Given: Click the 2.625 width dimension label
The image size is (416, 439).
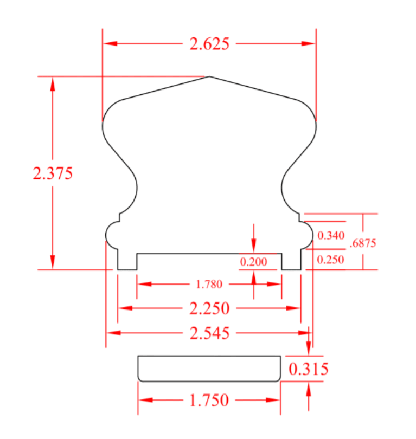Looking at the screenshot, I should [209, 44].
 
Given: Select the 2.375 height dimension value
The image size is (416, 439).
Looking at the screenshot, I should [53, 173].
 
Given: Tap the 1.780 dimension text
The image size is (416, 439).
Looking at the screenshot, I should [209, 283].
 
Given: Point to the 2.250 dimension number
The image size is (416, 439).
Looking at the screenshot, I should [209, 308].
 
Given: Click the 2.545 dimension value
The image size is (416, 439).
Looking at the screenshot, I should [209, 333].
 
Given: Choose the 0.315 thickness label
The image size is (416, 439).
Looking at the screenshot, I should [308, 369].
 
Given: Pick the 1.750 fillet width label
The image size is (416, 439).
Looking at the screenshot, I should [209, 401].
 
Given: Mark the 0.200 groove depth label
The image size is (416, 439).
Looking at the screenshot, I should [253, 262].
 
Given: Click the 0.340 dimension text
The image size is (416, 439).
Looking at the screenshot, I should [331, 235].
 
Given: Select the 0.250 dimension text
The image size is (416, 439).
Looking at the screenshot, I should [331, 260].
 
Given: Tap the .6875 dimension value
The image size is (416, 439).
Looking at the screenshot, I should [363, 243].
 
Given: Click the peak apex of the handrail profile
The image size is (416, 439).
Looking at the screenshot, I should [209, 76].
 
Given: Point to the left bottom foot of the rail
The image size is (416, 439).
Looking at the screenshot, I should [127, 262].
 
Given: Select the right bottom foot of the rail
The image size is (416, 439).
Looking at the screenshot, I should [291, 262].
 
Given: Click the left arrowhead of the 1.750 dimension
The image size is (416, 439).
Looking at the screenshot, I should [144, 401].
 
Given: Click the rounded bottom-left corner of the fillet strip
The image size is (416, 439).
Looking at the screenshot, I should [140, 379].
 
